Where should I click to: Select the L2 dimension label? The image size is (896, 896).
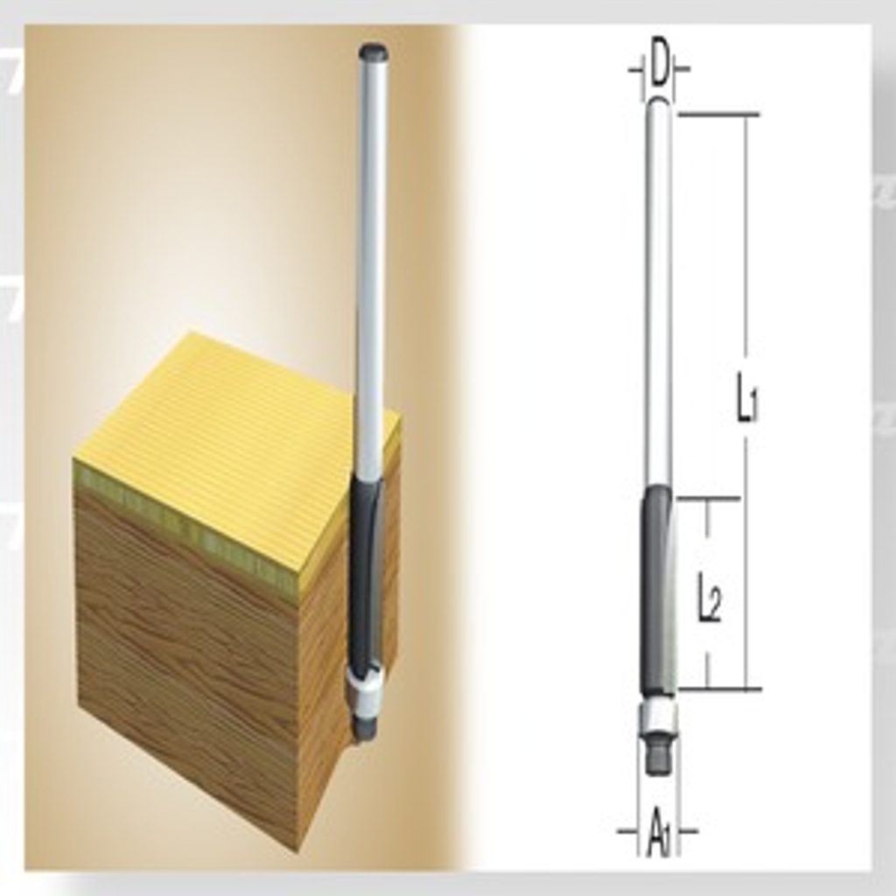coord(709,605)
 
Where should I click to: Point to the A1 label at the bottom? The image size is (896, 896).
coord(658,837)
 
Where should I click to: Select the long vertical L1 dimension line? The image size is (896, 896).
coord(746,401)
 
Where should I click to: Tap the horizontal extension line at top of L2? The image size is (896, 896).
coord(709,499)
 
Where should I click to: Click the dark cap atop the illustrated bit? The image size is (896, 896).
coord(375,53)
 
